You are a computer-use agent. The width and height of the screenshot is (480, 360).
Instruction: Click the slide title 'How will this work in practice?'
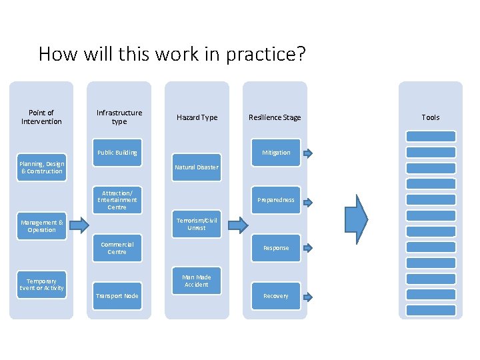172,53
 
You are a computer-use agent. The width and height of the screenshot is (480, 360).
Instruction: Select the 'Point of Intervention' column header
41,117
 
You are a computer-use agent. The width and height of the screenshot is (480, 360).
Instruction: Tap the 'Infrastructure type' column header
119,117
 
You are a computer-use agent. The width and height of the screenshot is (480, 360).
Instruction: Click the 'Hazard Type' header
197,117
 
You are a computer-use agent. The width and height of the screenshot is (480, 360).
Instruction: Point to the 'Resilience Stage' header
275,117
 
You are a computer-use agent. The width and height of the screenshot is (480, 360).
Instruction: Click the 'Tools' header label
431,117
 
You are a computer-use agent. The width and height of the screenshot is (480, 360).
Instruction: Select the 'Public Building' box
117,153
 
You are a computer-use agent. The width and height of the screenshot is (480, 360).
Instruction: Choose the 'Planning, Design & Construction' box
41,167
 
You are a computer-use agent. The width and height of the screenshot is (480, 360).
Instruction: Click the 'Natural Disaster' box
196,167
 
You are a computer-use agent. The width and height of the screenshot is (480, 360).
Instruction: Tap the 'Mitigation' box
276,153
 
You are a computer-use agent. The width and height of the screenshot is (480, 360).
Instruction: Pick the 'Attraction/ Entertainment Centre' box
117,200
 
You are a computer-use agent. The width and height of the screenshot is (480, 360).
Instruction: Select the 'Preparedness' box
276,200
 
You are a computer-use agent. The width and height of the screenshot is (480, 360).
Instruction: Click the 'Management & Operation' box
41,226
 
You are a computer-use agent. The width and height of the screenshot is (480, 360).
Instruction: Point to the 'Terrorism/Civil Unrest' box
196,224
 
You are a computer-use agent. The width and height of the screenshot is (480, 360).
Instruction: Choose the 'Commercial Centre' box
117,248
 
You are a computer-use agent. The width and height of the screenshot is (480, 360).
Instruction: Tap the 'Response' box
276,248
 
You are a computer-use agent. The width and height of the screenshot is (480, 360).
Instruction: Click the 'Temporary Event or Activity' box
41,285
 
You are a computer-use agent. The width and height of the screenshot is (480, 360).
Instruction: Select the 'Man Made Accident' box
196,281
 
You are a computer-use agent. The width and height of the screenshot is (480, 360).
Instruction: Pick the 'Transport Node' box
117,296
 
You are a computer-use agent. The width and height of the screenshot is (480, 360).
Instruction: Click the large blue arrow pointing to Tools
357,219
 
